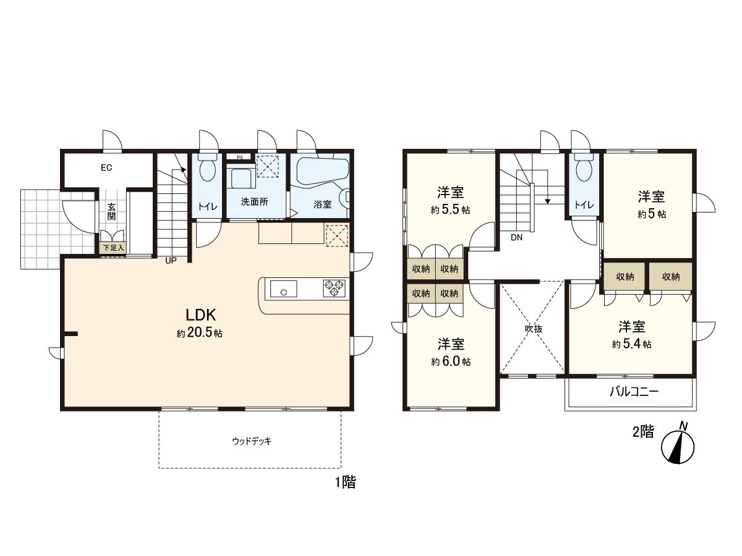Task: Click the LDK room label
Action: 200,314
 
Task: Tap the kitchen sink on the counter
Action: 283,289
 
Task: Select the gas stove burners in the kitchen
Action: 335,288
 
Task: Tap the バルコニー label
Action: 634,392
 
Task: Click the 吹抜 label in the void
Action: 533,329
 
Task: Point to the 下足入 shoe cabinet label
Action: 114,248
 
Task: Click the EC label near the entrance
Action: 106,167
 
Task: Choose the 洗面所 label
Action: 254,202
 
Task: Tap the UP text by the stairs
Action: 171,261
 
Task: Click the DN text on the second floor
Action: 516,237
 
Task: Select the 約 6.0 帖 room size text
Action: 451,362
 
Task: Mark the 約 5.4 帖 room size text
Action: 631,344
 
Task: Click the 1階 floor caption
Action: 345,482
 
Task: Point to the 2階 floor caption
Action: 643,432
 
